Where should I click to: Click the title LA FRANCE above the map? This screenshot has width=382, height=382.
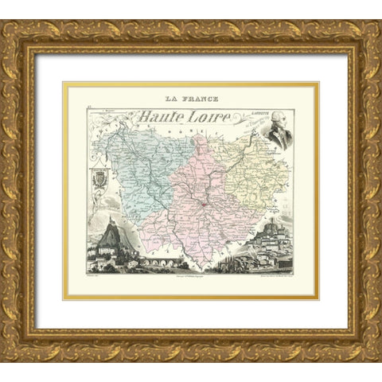pyautogui.click(x=191, y=99)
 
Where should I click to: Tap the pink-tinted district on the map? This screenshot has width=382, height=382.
pyautogui.click(x=199, y=191)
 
